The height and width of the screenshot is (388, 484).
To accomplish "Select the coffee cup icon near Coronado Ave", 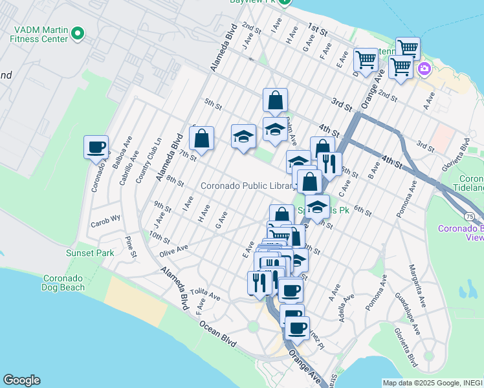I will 96,147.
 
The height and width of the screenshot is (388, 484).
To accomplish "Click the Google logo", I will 21,380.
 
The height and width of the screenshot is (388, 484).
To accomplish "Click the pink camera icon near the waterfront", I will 424,69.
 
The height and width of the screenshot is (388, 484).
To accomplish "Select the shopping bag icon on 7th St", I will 201,138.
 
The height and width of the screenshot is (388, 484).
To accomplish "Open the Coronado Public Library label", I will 247,186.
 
